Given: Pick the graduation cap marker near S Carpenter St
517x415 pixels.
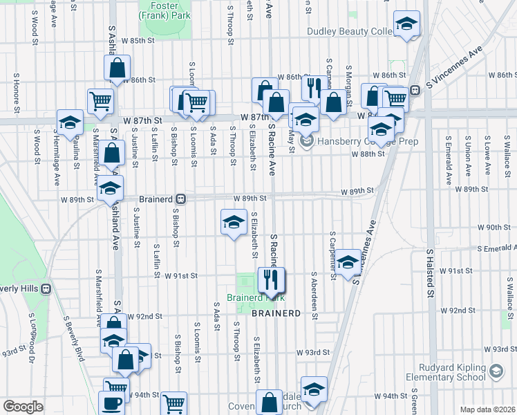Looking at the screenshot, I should [x=348, y=262].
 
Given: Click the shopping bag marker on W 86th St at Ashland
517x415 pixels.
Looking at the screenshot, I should [x=117, y=67].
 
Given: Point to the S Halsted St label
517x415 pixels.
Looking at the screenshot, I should [x=429, y=284].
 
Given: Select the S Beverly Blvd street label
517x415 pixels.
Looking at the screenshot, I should [x=73, y=338].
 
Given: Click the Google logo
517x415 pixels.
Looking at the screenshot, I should [x=23, y=407].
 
